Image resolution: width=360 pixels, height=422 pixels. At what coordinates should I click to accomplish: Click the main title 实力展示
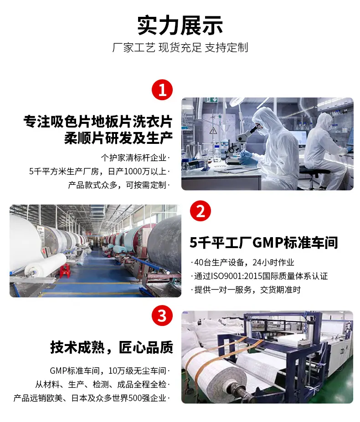click(180, 25)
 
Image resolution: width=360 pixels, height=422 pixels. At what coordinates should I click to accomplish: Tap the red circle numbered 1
click(162, 90)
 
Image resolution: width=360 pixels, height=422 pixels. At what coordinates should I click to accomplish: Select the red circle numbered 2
click(201, 211)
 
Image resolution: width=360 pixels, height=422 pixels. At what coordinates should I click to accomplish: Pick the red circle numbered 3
click(162, 315)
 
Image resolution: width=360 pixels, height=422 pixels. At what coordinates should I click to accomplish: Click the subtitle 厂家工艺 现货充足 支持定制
click(180, 48)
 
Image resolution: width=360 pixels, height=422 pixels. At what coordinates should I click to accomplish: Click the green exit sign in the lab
click(211, 100)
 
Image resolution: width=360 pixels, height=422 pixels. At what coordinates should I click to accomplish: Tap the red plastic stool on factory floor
click(65, 270)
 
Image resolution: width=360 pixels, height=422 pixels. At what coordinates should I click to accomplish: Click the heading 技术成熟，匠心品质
click(112, 347)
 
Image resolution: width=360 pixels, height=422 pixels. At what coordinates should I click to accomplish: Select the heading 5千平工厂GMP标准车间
click(264, 243)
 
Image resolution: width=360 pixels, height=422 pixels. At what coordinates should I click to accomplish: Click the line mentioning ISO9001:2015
click(259, 276)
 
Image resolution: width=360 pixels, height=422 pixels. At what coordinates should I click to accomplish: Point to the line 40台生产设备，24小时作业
click(242, 262)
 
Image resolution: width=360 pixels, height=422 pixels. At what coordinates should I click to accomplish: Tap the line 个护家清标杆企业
click(135, 158)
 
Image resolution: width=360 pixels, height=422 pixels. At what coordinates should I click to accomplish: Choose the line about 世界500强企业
click(92, 398)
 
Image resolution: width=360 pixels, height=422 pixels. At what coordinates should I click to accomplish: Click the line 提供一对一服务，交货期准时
click(246, 290)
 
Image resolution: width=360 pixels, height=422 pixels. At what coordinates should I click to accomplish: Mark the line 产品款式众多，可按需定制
click(119, 185)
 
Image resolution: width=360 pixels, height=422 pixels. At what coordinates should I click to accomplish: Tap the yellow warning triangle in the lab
click(213, 131)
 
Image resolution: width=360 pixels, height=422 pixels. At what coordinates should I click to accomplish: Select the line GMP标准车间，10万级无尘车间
click(110, 371)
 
